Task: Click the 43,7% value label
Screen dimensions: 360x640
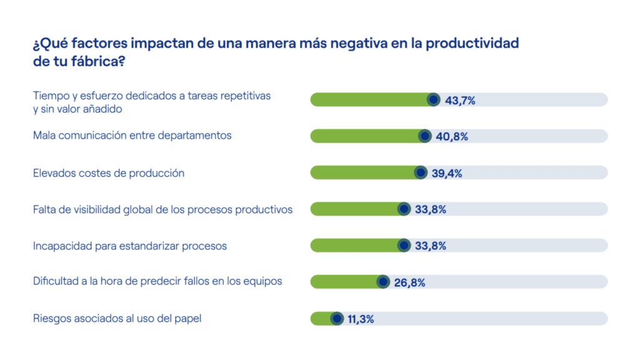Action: click(460, 100)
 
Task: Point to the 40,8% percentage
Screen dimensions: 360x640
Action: click(452, 136)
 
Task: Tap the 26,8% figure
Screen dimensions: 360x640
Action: click(409, 282)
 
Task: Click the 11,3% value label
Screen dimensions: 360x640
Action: click(361, 319)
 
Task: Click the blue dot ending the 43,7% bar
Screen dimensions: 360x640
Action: click(433, 99)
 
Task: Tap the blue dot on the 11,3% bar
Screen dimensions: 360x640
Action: click(336, 319)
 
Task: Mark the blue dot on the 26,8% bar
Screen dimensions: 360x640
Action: click(383, 282)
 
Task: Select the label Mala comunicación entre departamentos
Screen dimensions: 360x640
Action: click(132, 136)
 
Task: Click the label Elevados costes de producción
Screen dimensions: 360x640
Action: click(109, 173)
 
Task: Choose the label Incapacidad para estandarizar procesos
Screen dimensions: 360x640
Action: click(130, 246)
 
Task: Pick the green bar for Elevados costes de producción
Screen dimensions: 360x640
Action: click(365, 173)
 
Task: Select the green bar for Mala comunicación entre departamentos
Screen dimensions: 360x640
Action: click(367, 136)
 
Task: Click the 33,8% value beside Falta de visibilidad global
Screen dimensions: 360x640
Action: click(430, 209)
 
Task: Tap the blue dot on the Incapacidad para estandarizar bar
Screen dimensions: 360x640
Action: click(404, 246)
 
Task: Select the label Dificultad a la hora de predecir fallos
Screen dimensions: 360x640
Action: click(157, 281)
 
